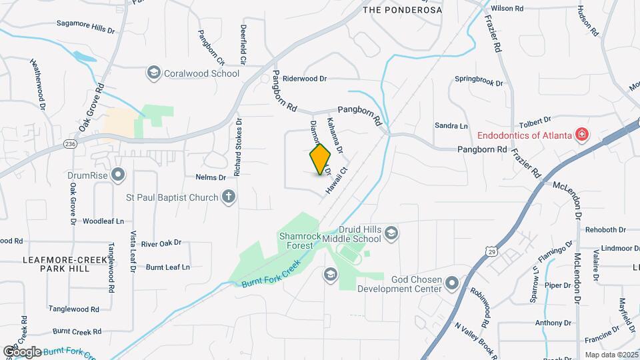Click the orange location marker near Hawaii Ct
[321, 159]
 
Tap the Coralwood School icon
[154, 73]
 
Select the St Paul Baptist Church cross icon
[229, 197]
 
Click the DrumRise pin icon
[119, 175]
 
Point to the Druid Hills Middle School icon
[391, 233]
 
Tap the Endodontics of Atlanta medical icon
[582, 135]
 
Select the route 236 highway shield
[70, 143]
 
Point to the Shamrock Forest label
[296, 240]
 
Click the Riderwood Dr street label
[305, 79]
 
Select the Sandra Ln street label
[451, 125]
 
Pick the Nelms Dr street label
[211, 177]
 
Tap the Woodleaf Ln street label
[103, 221]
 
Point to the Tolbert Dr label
[535, 121]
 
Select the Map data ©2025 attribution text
[611, 355]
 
